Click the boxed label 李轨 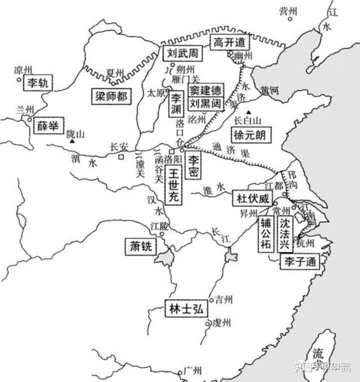pyautogui.click(x=38, y=82)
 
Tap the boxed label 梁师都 pyautogui.click(x=111, y=96)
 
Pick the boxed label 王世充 pyautogui.click(x=173, y=185)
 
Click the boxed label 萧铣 pyautogui.click(x=140, y=246)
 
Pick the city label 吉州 pyautogui.click(x=223, y=299)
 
